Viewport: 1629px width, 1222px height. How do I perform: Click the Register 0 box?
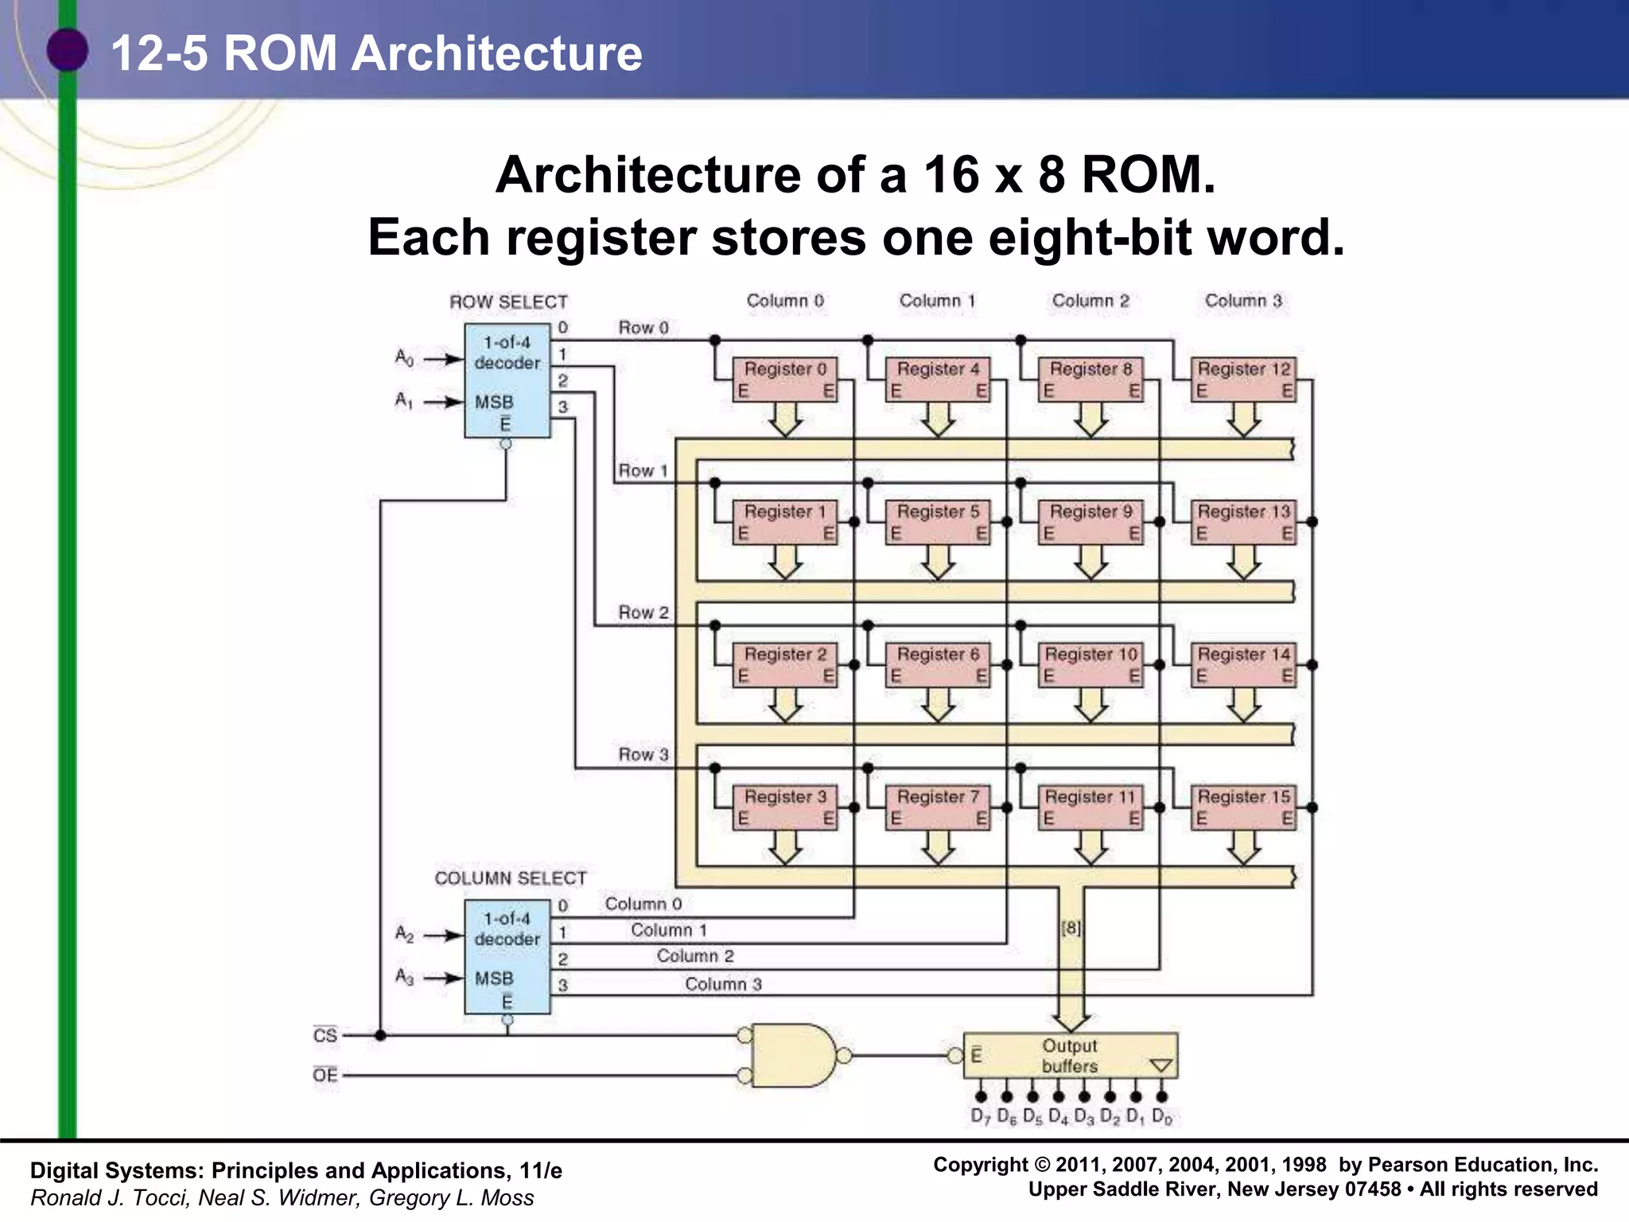pyautogui.click(x=784, y=379)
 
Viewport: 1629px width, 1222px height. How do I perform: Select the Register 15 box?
pyautogui.click(x=1243, y=807)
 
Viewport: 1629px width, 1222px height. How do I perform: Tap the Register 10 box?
pyautogui.click(x=1091, y=664)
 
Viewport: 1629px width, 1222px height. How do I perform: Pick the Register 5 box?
pyautogui.click(x=938, y=521)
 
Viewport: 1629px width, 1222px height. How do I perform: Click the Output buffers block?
pyautogui.click(x=1070, y=1056)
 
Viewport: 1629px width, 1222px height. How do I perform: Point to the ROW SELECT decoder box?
pyautogui.click(x=507, y=380)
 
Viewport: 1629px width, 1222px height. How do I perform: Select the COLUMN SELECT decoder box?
pyautogui.click(x=507, y=956)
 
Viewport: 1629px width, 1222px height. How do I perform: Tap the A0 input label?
pyautogui.click(x=404, y=358)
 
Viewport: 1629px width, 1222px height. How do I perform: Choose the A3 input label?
pyautogui.click(x=404, y=977)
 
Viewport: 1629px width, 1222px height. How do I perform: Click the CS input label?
pyautogui.click(x=325, y=1035)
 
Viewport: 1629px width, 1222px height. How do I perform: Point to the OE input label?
pyautogui.click(x=325, y=1075)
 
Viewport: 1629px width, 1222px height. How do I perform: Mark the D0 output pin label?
pyautogui.click(x=1162, y=1117)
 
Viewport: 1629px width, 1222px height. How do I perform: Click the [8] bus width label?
pyautogui.click(x=1071, y=928)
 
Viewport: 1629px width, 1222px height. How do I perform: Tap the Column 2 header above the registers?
pyautogui.click(x=1091, y=301)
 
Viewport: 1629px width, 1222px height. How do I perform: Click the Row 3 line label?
pyautogui.click(x=643, y=754)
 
